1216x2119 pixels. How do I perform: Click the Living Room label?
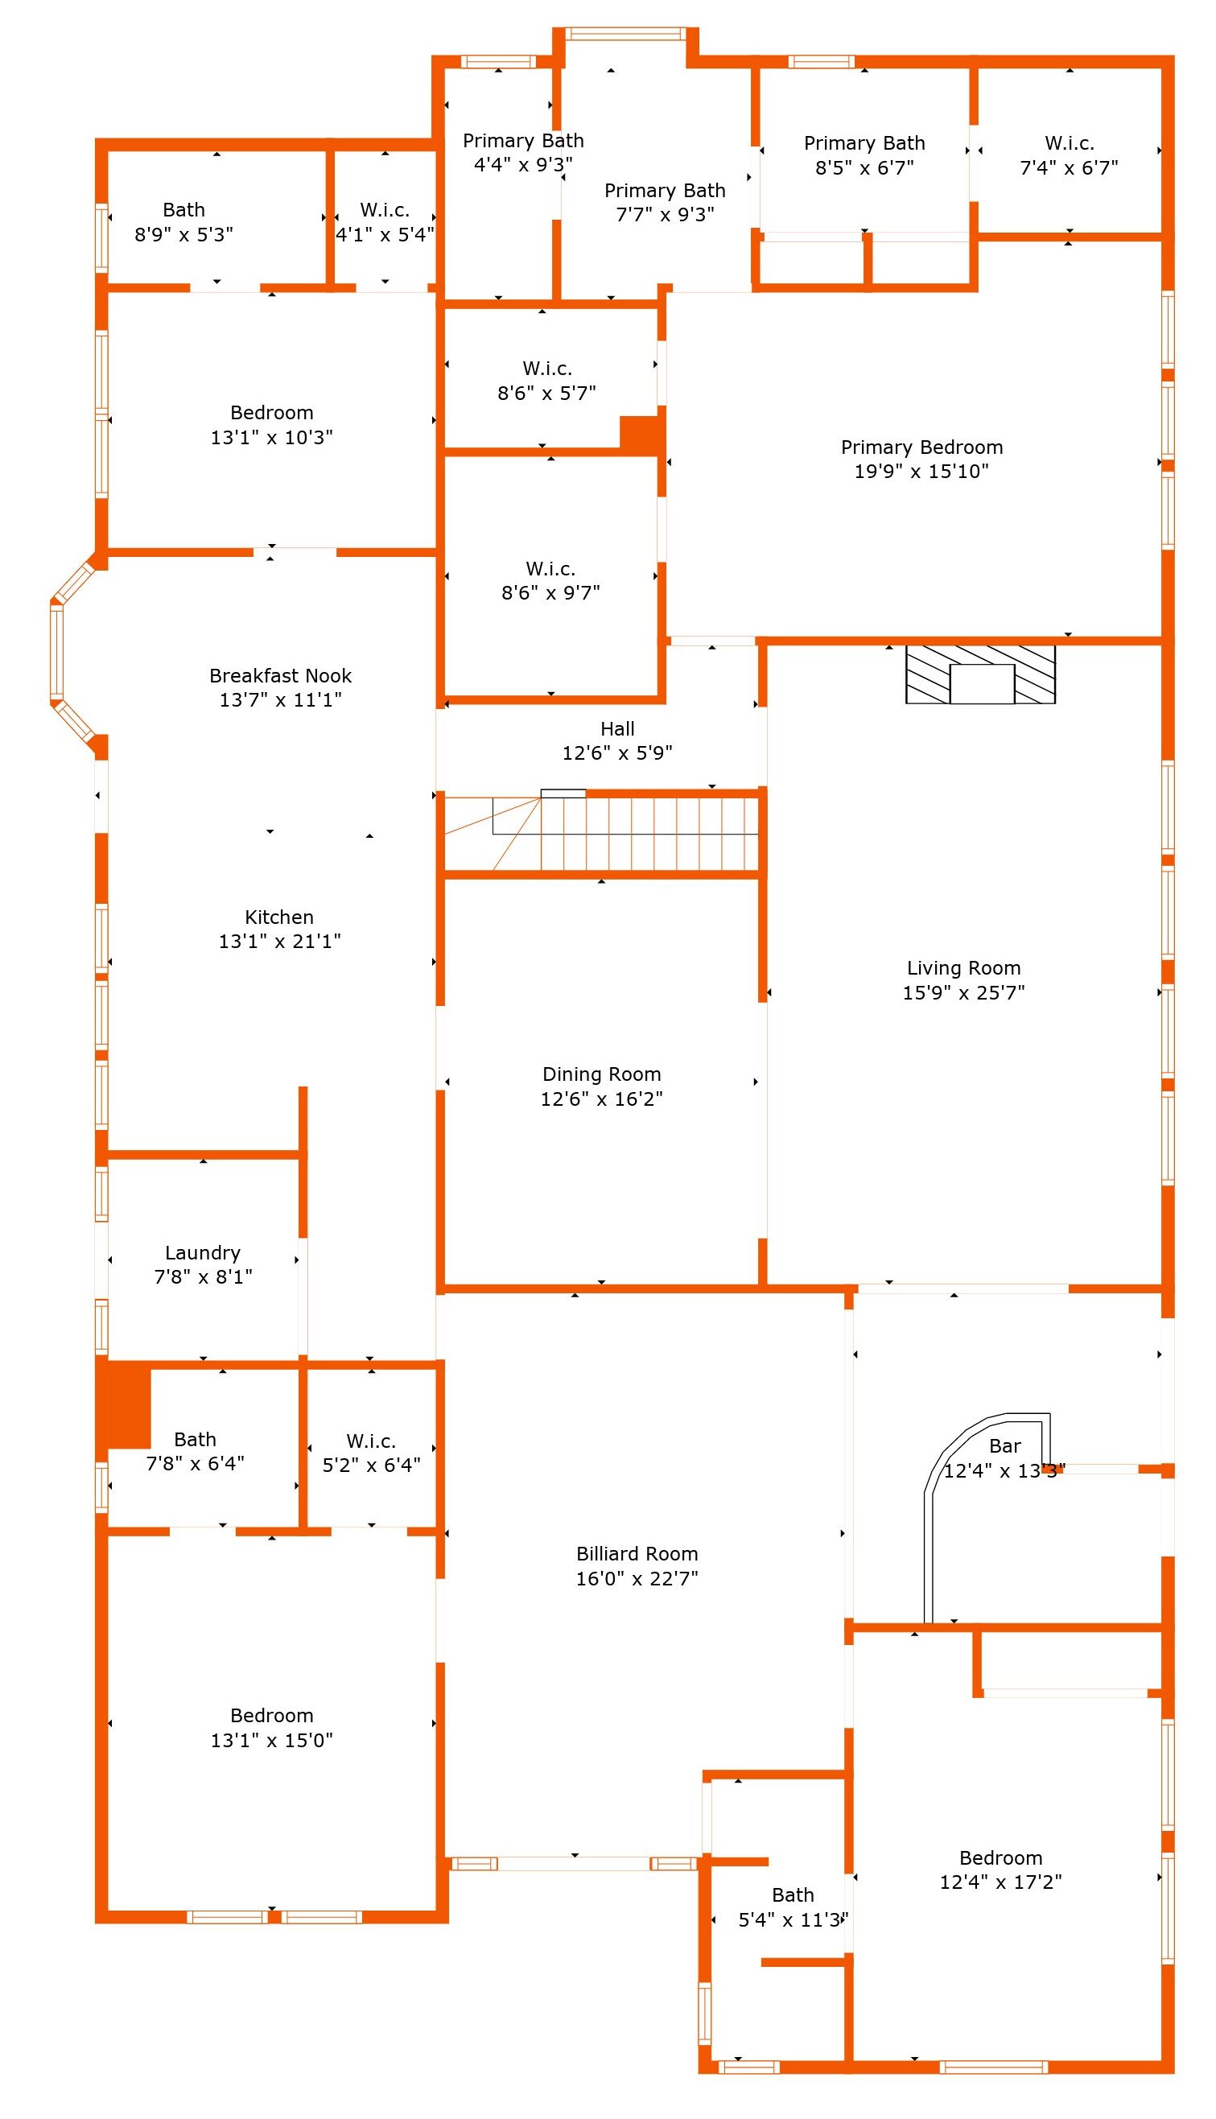964,967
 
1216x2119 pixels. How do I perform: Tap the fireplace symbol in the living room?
980,674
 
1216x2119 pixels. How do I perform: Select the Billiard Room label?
637,1554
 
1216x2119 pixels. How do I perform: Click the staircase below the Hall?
601,833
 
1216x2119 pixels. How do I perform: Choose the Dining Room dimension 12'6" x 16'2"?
601,1099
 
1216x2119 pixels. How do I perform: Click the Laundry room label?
203,1252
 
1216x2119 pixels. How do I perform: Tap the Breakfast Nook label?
281,675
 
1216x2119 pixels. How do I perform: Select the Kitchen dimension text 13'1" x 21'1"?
280,941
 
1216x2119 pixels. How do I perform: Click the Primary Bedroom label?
922,447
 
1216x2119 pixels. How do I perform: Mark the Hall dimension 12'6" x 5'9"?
617,753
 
